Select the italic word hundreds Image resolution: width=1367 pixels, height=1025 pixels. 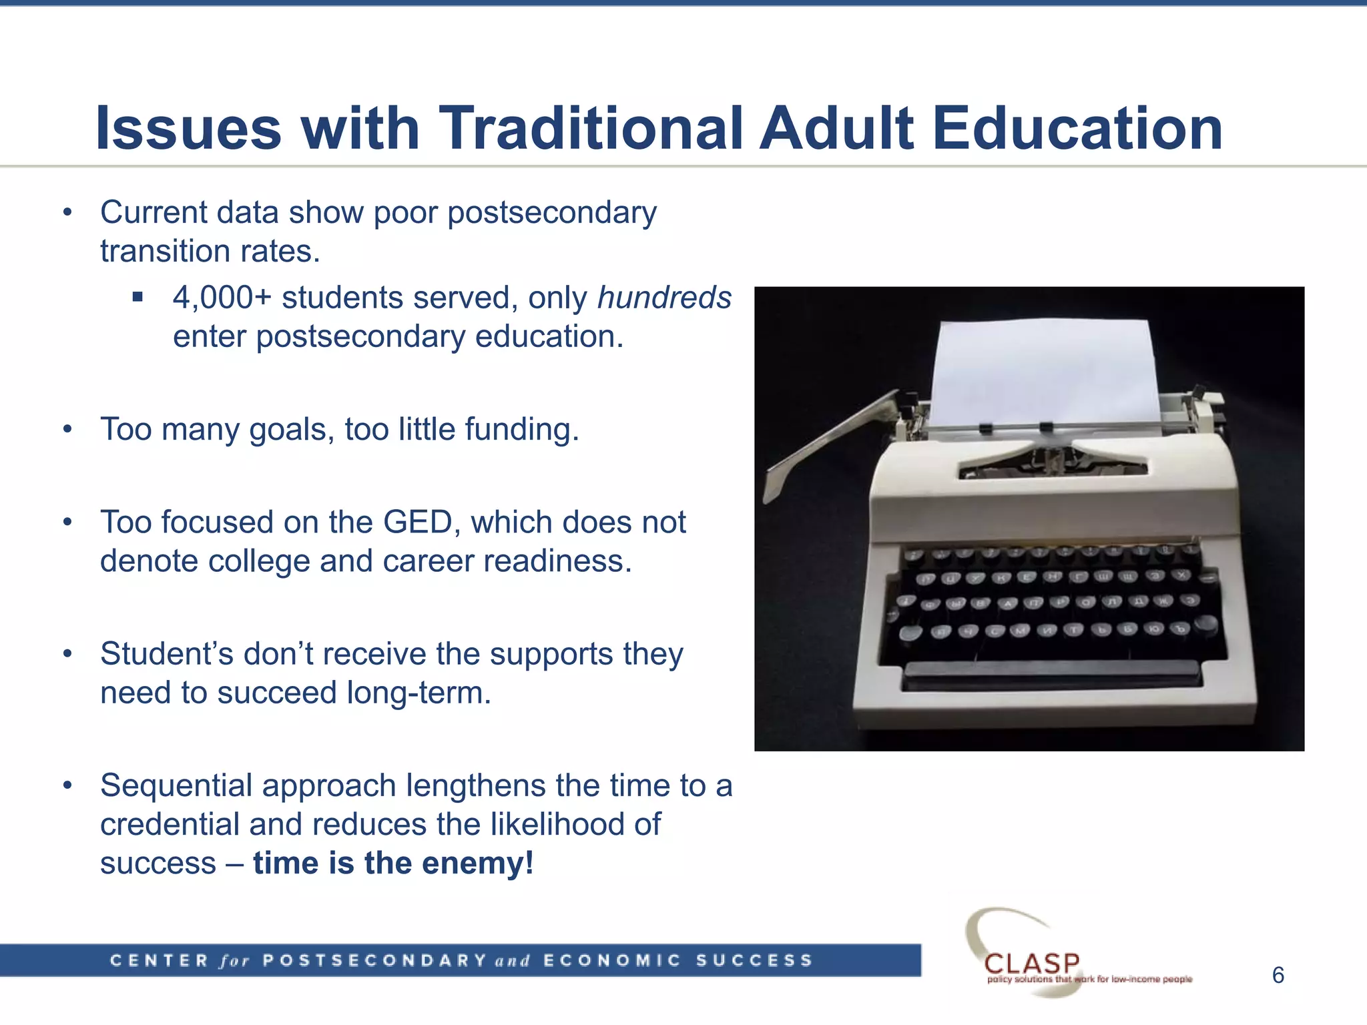[x=664, y=298]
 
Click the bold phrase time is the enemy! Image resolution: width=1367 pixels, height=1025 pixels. [x=393, y=863]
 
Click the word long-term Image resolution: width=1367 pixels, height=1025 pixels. [x=419, y=693]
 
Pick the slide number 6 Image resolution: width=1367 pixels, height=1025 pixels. [x=1278, y=976]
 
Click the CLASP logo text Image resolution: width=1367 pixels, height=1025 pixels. [x=1032, y=963]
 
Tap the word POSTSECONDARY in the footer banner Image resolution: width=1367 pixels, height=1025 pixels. [x=374, y=961]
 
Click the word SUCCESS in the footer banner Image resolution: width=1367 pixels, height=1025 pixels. [x=754, y=961]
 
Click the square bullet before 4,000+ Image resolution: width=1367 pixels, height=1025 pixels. [x=138, y=297]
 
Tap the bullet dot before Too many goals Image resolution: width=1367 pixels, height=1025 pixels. [x=67, y=429]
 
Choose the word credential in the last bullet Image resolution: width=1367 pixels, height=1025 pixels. [x=170, y=824]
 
